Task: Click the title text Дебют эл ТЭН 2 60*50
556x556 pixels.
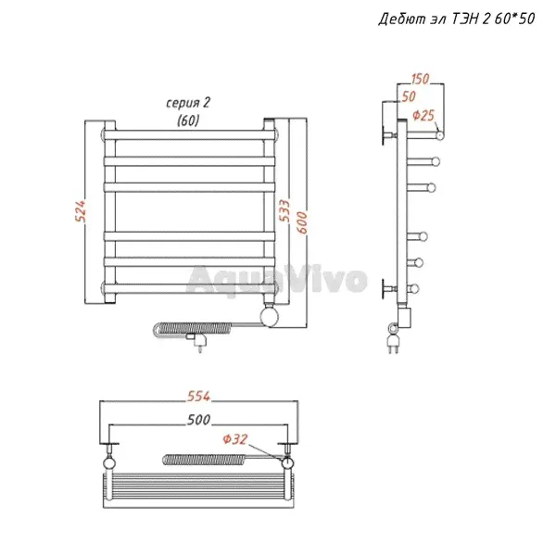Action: tap(456, 19)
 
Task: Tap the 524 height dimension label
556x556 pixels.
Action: tap(81, 211)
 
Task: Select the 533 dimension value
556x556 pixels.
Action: tap(284, 210)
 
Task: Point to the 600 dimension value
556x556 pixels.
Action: tap(302, 222)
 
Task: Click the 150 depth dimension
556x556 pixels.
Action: tap(420, 79)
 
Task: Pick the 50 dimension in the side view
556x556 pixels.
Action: tap(409, 96)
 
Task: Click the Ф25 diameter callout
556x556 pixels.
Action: tap(423, 116)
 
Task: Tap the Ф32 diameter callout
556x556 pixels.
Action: tap(235, 439)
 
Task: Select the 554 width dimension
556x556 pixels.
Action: tap(198, 396)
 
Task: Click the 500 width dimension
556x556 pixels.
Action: tap(198, 420)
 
